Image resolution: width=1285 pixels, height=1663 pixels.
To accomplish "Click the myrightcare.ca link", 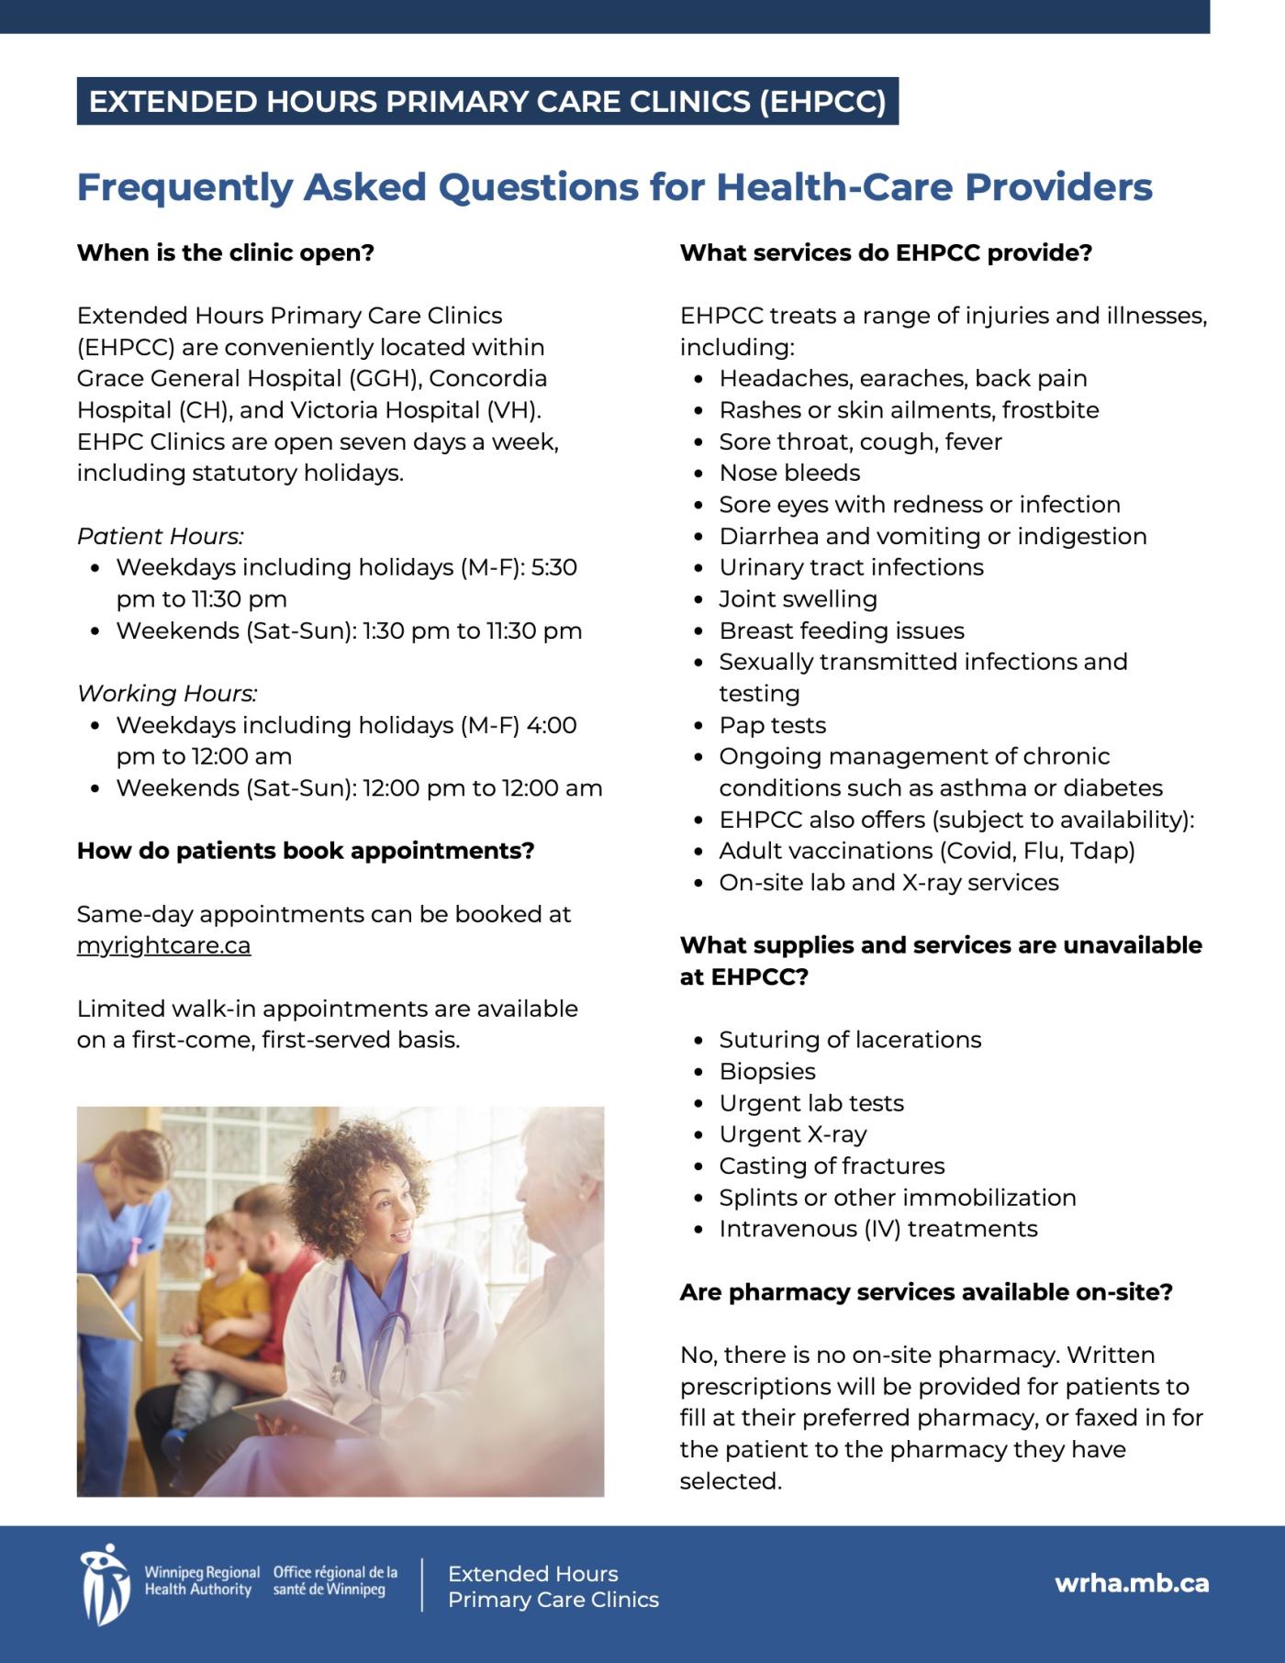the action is [x=163, y=945].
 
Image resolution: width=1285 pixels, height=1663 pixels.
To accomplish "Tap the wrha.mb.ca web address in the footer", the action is [x=1131, y=1583].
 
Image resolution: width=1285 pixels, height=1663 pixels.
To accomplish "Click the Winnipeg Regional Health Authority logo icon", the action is [x=104, y=1583].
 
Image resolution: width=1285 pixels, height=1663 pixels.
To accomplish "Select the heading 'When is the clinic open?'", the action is [x=226, y=252].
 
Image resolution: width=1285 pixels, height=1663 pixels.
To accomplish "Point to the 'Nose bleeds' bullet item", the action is [x=789, y=473].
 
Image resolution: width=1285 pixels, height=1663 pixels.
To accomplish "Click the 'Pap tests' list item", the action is [x=772, y=725].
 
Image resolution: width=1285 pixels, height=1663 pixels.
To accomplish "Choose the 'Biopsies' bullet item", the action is [x=766, y=1071].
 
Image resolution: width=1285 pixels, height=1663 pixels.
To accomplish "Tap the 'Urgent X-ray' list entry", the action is [x=792, y=1134].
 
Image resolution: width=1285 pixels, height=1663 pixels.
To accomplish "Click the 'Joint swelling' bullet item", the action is [x=798, y=599].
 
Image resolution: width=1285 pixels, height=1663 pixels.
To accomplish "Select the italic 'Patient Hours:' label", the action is [x=161, y=536].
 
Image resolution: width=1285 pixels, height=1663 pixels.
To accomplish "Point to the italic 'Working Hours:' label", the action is [x=167, y=693].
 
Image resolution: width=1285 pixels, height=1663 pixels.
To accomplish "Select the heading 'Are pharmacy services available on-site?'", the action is [x=926, y=1292].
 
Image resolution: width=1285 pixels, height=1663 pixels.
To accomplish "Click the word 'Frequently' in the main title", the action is [x=184, y=187].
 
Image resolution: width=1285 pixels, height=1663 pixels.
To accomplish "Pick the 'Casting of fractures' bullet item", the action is [x=831, y=1166].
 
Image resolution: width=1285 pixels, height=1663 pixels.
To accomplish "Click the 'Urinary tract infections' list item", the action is [x=851, y=567].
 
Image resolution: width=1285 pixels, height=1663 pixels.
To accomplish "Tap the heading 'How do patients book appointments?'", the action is [x=306, y=851].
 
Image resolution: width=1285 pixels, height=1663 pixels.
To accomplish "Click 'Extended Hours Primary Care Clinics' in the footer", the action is [x=553, y=1587].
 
